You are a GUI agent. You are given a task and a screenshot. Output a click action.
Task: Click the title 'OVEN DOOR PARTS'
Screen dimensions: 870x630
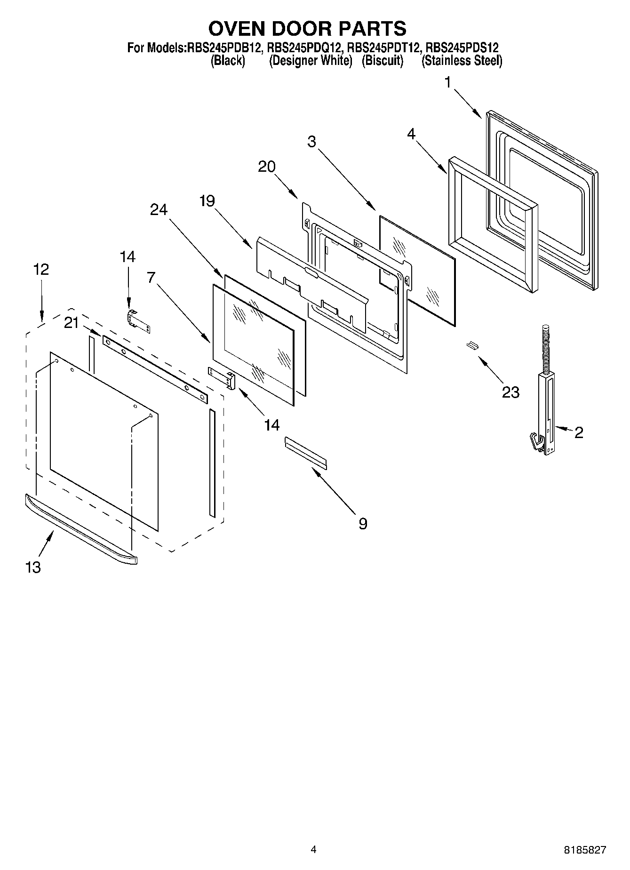(307, 29)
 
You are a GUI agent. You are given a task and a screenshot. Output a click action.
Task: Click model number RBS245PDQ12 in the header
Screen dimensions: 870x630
(303, 48)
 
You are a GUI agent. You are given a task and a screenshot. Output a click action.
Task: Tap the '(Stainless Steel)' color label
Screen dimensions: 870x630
(462, 61)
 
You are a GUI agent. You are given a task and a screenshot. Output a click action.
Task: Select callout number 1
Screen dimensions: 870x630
(447, 83)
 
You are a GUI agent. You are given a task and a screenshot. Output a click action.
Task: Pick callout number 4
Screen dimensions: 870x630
(411, 134)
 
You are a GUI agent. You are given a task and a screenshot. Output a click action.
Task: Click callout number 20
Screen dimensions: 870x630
(267, 167)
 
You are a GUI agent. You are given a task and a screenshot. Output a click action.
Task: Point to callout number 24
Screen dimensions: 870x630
(159, 209)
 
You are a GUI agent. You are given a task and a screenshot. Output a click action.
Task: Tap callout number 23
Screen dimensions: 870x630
(510, 392)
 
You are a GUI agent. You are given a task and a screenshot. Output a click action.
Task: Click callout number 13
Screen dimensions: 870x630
(33, 567)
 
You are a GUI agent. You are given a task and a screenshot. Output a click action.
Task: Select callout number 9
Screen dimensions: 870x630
(363, 524)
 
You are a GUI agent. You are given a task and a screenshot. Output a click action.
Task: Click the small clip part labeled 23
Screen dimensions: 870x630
(472, 346)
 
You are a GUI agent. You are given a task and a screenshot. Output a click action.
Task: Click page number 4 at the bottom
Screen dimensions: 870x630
(313, 849)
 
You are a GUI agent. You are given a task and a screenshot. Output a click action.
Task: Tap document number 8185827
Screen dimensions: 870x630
(585, 850)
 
